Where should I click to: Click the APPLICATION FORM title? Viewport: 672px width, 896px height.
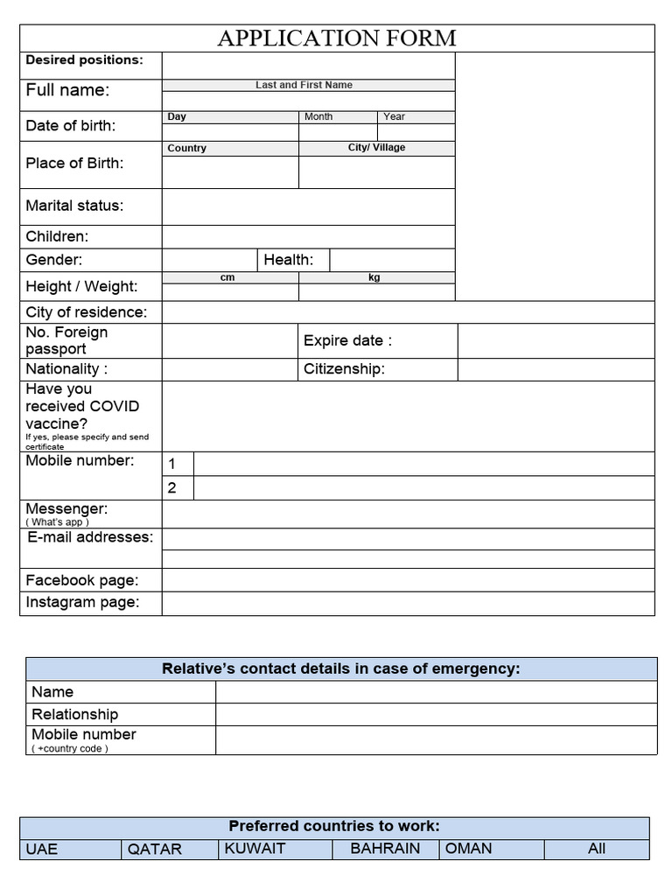pyautogui.click(x=337, y=38)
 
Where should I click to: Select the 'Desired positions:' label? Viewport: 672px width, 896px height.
pyautogui.click(x=84, y=60)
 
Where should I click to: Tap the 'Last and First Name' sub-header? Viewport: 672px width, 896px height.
pyautogui.click(x=304, y=85)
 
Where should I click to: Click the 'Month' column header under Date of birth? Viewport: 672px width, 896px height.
pyautogui.click(x=318, y=116)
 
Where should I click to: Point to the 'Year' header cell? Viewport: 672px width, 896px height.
pyautogui.click(x=394, y=116)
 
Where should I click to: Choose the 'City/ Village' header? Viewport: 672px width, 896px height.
pyautogui.click(x=376, y=148)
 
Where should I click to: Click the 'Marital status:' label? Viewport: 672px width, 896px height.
pyautogui.click(x=74, y=206)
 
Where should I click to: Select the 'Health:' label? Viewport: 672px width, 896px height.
pyautogui.click(x=288, y=259)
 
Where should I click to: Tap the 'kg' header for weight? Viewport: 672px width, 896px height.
pyautogui.click(x=374, y=277)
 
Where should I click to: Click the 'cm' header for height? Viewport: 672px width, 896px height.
pyautogui.click(x=227, y=277)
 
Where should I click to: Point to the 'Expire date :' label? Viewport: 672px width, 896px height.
pyautogui.click(x=347, y=340)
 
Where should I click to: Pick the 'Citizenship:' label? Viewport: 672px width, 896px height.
pyautogui.click(x=344, y=369)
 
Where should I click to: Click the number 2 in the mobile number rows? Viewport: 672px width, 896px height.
pyautogui.click(x=172, y=488)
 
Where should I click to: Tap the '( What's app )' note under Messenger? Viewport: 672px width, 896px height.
pyautogui.click(x=58, y=522)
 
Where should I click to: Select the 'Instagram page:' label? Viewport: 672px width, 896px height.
pyautogui.click(x=82, y=602)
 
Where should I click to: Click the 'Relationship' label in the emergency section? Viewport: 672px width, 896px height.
pyautogui.click(x=74, y=714)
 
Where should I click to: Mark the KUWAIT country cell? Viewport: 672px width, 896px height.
pyautogui.click(x=255, y=848)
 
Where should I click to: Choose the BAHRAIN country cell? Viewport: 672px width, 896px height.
pyautogui.click(x=385, y=848)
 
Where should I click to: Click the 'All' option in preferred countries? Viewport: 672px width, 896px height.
pyautogui.click(x=597, y=848)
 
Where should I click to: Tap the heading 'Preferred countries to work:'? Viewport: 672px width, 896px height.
pyautogui.click(x=334, y=826)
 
